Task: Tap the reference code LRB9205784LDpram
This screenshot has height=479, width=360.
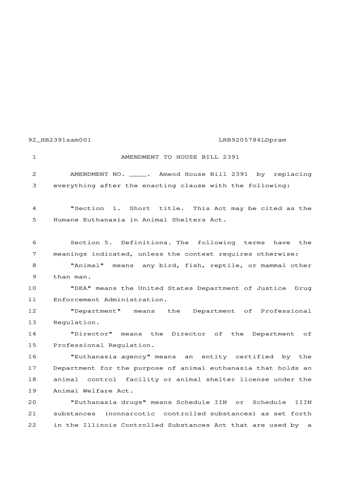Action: coord(252,140)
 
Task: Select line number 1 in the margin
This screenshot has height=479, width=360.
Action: coord(34,157)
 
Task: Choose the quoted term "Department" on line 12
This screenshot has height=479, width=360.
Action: coord(95,311)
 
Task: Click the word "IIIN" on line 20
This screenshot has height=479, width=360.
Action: coord(303,403)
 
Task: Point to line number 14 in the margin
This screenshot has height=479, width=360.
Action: coord(32,334)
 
